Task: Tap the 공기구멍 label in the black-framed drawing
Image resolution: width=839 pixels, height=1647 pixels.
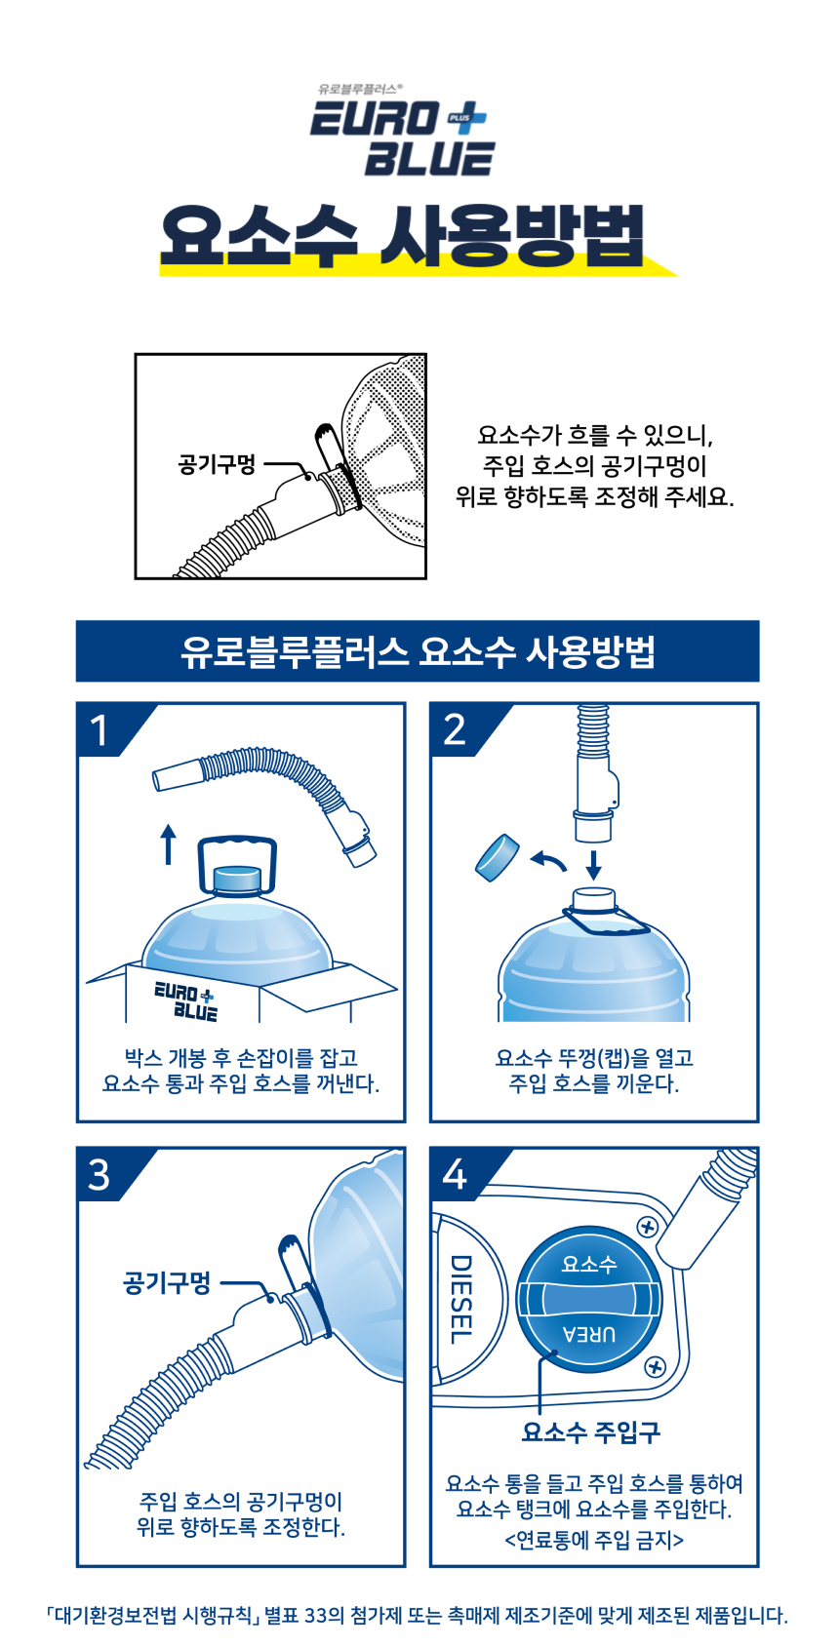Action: click(x=217, y=465)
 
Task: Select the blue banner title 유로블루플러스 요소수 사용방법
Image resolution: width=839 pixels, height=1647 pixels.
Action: click(x=418, y=651)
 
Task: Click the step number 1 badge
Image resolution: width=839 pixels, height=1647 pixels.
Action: click(x=100, y=730)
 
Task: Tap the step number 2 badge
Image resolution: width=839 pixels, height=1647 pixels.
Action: click(x=455, y=730)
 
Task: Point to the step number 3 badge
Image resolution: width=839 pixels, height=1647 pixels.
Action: click(x=99, y=1175)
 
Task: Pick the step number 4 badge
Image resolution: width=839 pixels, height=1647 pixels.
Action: click(x=455, y=1174)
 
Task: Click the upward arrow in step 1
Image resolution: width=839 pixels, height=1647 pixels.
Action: click(x=169, y=843)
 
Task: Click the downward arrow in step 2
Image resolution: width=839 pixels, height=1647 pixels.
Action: click(x=594, y=865)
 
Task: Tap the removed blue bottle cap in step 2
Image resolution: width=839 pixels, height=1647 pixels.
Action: click(x=498, y=856)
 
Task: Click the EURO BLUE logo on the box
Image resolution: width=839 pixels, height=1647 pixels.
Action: click(x=185, y=1000)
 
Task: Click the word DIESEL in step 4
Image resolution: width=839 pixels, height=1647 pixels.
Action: click(x=461, y=1299)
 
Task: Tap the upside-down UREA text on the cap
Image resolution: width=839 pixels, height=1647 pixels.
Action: click(x=589, y=1334)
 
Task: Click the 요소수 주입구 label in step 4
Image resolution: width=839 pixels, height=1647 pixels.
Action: click(x=590, y=1431)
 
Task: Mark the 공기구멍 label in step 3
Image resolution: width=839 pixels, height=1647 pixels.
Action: click(x=167, y=1282)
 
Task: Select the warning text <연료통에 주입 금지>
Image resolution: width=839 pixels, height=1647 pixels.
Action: click(x=594, y=1540)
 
